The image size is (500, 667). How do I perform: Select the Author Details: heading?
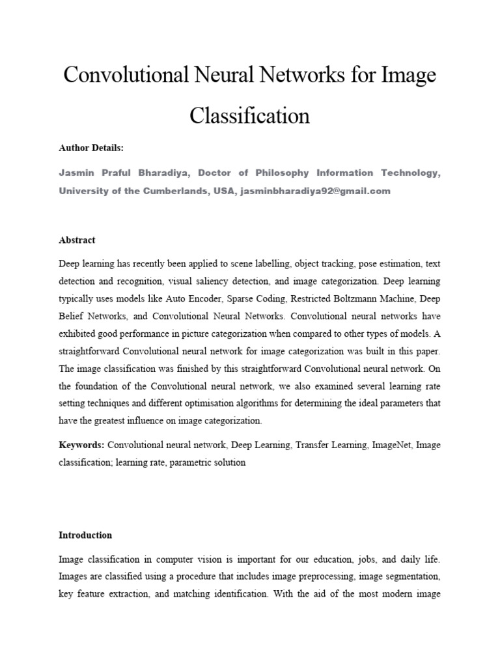pos(90,149)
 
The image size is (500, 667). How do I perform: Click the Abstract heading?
pos(77,240)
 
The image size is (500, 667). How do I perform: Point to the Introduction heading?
pos(85,535)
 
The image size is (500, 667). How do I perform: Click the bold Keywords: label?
pos(81,445)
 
